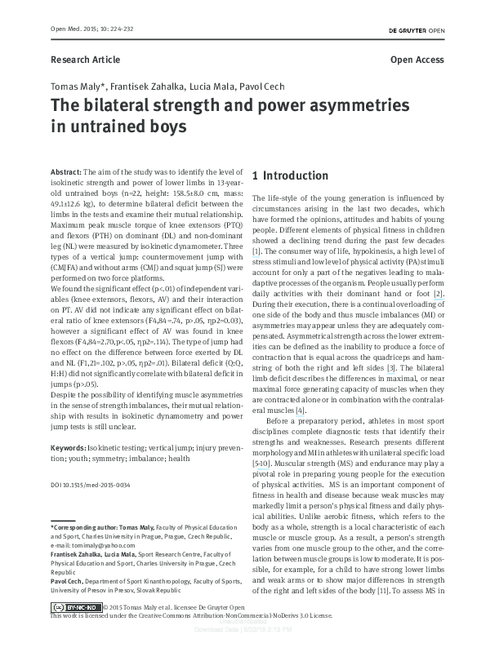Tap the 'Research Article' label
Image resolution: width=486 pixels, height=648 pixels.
[x=85, y=60]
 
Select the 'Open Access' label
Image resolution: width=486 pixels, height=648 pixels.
[x=417, y=60]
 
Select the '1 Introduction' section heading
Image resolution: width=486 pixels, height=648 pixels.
[x=291, y=175]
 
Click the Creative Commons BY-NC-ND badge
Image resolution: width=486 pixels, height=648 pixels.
[x=78, y=630]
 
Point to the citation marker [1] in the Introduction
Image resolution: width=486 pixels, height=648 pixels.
[x=256, y=251]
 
